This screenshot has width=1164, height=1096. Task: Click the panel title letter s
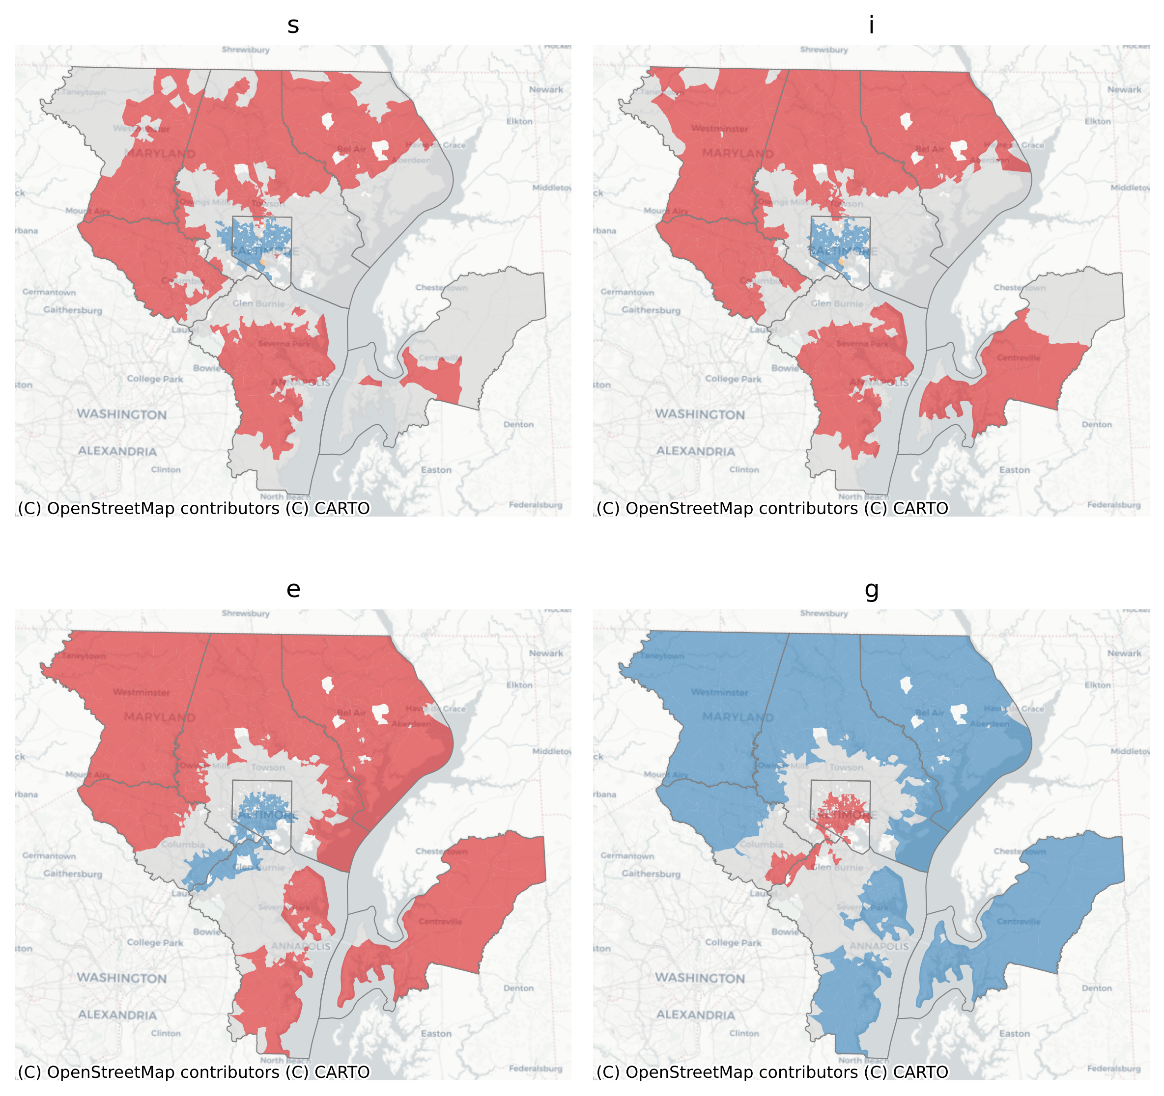(293, 25)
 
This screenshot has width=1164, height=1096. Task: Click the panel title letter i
(871, 25)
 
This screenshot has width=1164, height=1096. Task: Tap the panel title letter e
(293, 589)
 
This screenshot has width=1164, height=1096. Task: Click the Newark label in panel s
(546, 89)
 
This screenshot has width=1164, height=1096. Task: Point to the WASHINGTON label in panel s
(122, 414)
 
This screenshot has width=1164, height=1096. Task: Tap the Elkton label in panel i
(1097, 121)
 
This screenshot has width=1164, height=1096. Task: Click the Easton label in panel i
(1014, 470)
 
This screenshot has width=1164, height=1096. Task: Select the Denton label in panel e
(518, 988)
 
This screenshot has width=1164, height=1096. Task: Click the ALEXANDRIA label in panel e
(117, 1015)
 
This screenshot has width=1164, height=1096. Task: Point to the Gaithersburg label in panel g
(651, 874)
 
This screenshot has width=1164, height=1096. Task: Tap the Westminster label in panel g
(719, 692)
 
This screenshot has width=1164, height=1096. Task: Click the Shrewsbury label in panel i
(824, 50)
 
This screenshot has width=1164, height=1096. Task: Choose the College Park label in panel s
(155, 379)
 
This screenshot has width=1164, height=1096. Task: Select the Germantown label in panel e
(49, 855)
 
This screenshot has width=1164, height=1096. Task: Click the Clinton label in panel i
(743, 469)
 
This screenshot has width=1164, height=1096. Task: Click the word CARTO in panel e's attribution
(342, 1072)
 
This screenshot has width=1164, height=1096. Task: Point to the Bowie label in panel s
(207, 368)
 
